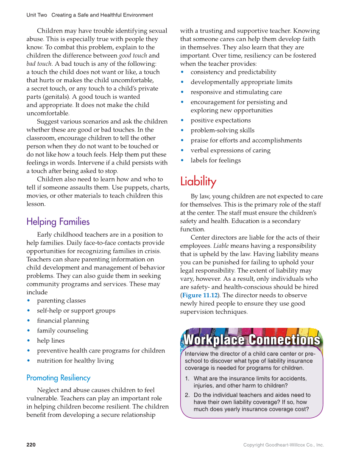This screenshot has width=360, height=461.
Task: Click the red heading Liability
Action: coord(198,182)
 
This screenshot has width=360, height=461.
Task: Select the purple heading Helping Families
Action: coord(58,221)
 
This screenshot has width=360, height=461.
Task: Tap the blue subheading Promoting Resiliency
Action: coord(58,377)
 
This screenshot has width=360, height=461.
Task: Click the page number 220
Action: coord(31,445)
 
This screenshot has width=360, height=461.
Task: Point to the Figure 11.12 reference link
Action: coord(199,295)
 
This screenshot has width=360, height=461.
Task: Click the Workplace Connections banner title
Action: coord(251,340)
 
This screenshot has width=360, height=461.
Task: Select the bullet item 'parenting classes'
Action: coord(61,301)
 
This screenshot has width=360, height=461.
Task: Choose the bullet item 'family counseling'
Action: coord(62,331)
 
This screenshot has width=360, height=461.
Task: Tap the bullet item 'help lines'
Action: coord(51,341)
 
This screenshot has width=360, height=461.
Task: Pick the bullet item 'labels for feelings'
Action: coord(215,160)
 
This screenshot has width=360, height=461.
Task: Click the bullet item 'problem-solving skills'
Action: coord(222,130)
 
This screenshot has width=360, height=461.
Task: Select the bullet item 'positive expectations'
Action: coord(220,120)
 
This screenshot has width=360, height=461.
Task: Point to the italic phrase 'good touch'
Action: coord(133,56)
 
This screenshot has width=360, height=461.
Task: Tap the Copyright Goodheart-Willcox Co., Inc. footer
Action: coord(283,445)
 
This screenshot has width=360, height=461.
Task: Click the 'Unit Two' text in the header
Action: coord(36,15)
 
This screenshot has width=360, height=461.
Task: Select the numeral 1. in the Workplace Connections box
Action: coord(187,378)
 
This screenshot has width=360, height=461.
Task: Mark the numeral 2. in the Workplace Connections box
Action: coord(187,395)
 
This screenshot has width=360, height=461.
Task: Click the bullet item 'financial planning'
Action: coord(63,321)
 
